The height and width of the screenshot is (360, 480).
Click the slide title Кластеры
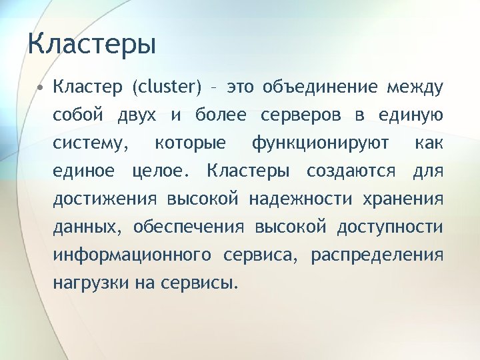click(92, 45)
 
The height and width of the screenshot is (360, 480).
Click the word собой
click(78, 115)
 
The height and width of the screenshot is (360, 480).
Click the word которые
click(189, 143)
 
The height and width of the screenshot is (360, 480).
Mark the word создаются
click(351, 171)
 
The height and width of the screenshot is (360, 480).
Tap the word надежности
click(301, 199)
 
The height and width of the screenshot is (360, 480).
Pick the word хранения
click(402, 199)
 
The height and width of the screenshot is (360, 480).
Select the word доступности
click(389, 227)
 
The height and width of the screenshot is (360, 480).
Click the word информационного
click(132, 255)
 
